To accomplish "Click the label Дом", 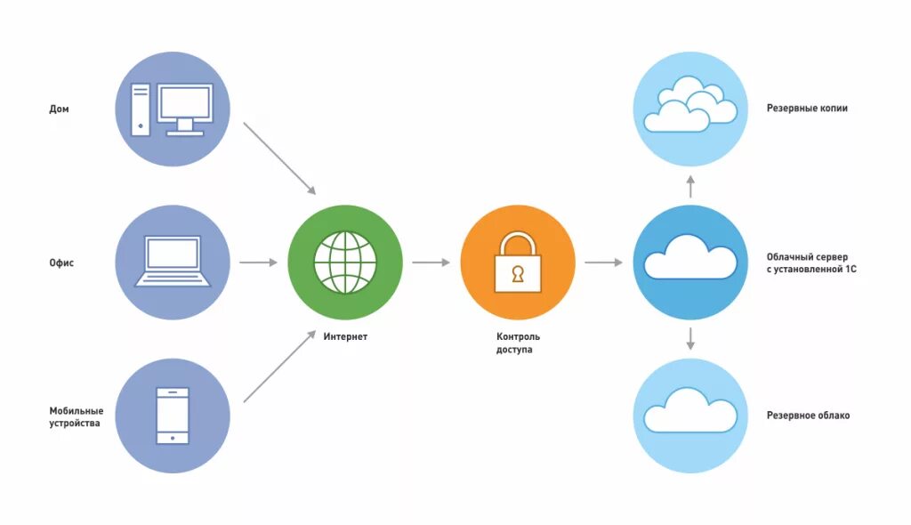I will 59,109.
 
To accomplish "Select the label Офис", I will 61,263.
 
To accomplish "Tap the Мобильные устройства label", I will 77,416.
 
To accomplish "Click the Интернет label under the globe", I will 345,337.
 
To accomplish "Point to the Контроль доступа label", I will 518,343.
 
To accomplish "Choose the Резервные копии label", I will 807,109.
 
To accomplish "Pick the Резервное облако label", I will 808,416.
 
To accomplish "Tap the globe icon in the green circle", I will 345,262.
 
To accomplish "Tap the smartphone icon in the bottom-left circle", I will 173,416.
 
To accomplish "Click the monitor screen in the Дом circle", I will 185,105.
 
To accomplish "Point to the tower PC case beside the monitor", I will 141,109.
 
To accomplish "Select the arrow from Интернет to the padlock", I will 431,262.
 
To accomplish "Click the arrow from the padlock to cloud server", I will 604,262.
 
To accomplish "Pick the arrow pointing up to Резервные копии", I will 690,185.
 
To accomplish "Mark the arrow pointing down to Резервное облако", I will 690,339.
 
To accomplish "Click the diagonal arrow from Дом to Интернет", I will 279,157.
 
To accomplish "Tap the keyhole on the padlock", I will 518,274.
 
